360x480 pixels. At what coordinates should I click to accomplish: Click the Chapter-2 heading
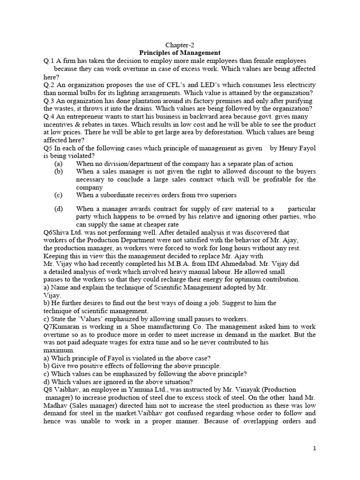click(180, 45)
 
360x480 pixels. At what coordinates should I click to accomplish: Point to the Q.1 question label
click(49, 61)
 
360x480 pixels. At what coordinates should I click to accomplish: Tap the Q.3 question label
click(49, 101)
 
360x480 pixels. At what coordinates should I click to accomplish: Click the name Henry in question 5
click(285, 149)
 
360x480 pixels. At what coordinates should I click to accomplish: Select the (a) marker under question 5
click(58, 164)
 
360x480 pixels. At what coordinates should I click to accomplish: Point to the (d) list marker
click(58, 209)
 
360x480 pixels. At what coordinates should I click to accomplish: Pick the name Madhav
click(57, 405)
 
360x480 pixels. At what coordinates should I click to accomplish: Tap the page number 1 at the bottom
click(315, 449)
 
